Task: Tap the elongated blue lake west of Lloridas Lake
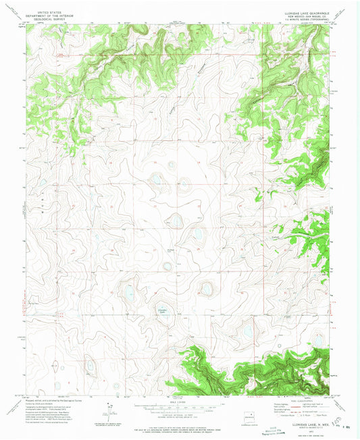[128, 292]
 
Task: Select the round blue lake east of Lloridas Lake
[207, 289]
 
